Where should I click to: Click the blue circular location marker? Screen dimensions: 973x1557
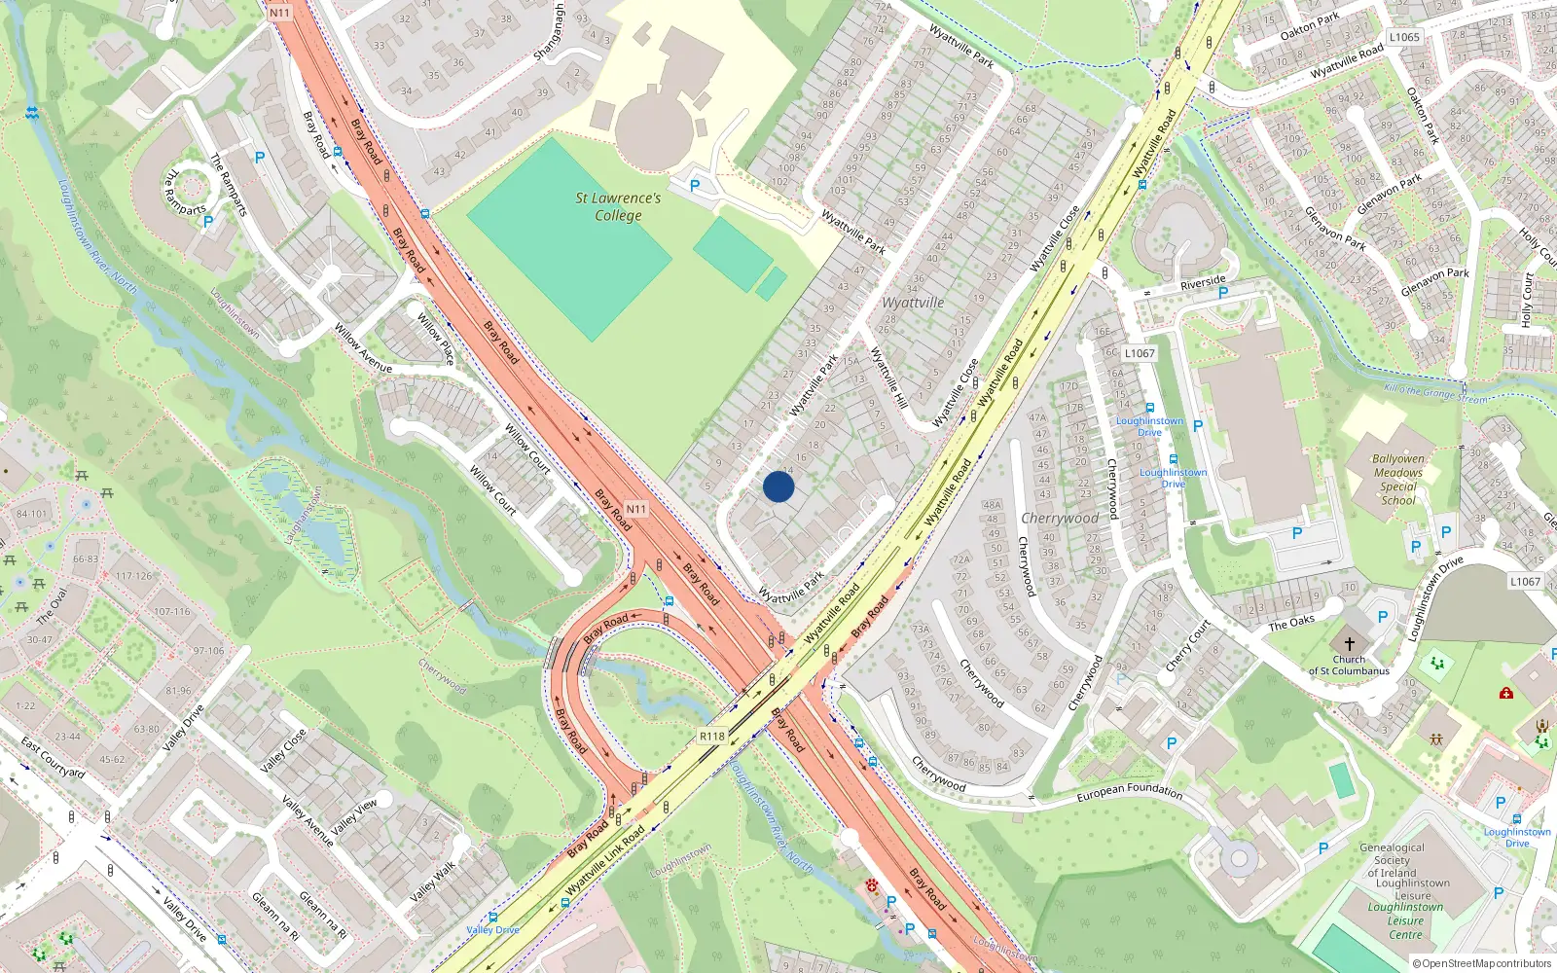pos(778,486)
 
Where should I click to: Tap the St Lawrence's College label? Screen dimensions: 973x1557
pos(618,206)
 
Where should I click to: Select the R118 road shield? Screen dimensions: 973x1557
pos(712,737)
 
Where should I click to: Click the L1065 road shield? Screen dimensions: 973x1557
pos(1404,37)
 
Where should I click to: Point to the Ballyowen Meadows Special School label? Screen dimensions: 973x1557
pos(1398,480)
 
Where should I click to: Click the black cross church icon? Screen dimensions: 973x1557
pos(1349,644)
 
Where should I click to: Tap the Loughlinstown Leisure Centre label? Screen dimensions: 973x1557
pos(1406,920)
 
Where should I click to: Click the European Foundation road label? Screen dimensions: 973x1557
pos(1129,793)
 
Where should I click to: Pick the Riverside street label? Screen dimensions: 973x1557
pos(1203,282)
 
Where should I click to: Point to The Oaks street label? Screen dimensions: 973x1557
pos(1291,622)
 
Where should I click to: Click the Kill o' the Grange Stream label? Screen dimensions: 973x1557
pos(1435,393)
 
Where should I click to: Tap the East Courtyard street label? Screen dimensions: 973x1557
pos(54,758)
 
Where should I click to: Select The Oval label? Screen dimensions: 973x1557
pos(52,606)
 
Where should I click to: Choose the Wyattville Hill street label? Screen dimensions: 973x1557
pos(888,378)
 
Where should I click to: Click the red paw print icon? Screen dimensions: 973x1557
pos(872,886)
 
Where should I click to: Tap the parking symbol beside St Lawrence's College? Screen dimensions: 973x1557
pos(695,185)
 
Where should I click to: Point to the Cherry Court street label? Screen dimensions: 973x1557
pos(1187,645)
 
